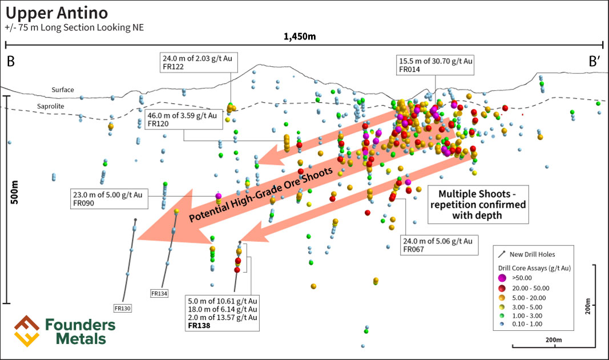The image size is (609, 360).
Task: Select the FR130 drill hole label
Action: [123, 308]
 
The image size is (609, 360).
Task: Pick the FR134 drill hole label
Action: [159, 293]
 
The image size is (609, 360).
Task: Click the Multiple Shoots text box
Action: [477, 204]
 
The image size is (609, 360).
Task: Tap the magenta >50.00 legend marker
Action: [502, 277]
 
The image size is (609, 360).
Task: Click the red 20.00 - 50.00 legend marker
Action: [502, 288]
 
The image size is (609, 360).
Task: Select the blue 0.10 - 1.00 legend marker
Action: [502, 324]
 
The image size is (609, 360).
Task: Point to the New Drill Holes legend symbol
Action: [502, 254]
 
